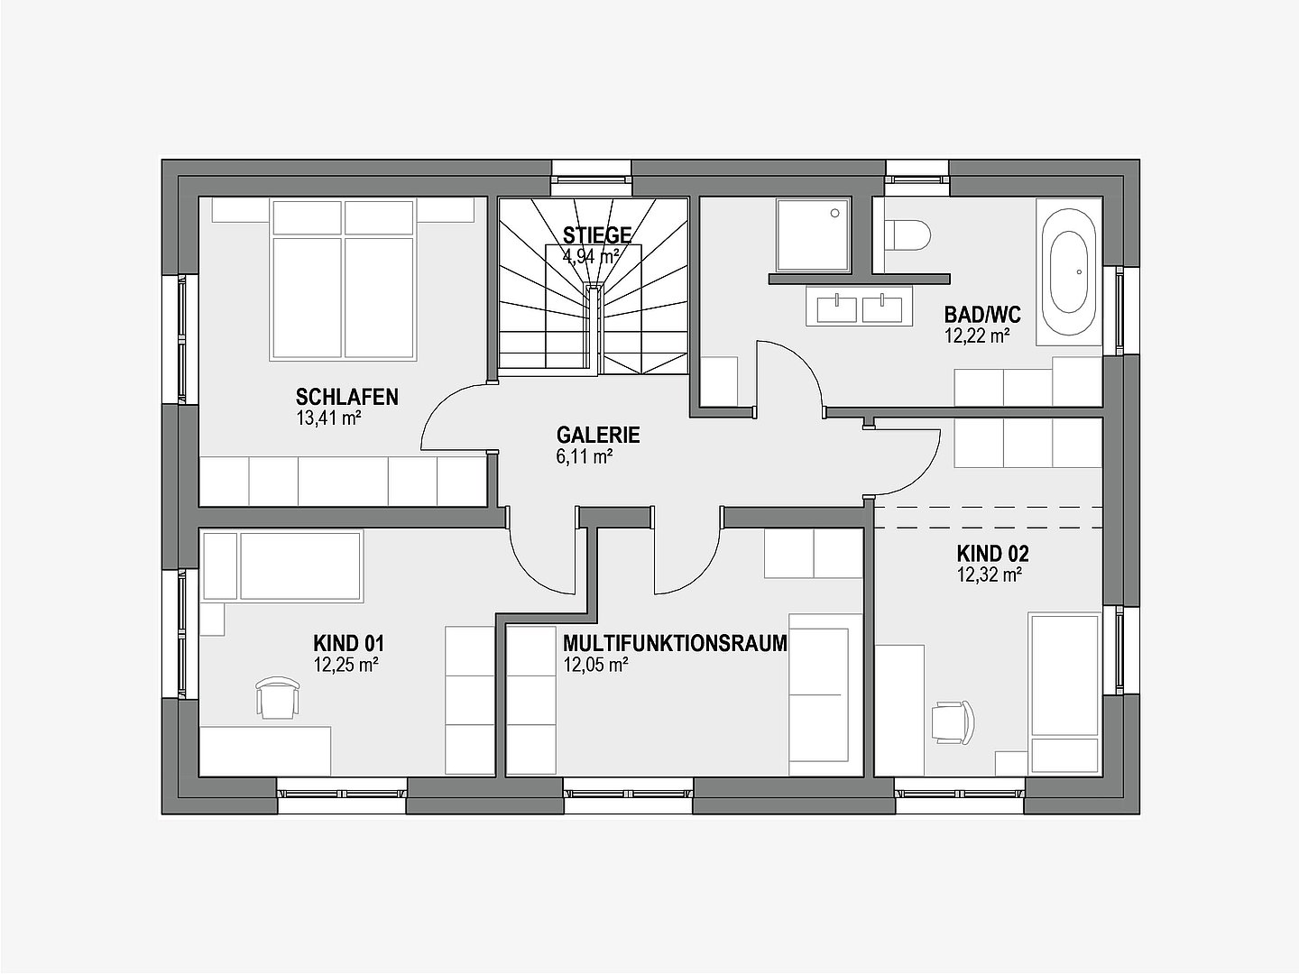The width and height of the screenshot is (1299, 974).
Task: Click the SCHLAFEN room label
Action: pos(346,397)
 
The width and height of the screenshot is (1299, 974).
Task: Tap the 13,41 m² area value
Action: pos(328,418)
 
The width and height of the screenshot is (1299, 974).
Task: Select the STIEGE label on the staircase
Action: pos(597,234)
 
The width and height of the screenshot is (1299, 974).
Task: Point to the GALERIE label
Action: pos(598,435)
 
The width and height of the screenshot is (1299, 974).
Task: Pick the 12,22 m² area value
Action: pos(976,336)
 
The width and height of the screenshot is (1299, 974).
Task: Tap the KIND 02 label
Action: pos(992,554)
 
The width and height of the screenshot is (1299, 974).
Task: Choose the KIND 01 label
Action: pos(348,643)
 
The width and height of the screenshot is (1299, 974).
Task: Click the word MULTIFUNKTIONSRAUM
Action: pos(676,643)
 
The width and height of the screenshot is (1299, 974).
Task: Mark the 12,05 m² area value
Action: pos(595,666)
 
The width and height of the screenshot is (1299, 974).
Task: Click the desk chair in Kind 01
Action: pos(276,697)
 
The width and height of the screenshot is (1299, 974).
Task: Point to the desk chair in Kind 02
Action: pos(953,722)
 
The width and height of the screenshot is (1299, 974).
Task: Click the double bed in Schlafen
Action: pos(344,280)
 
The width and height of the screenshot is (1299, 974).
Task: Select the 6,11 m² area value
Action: pos(585,457)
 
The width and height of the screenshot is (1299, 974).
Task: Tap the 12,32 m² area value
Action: pos(990,574)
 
